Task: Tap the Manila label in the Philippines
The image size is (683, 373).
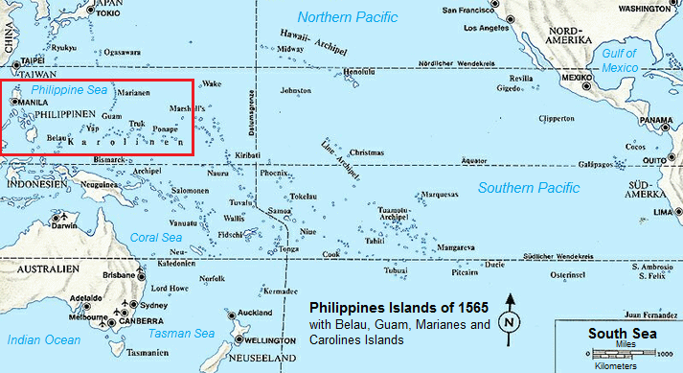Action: point(34,102)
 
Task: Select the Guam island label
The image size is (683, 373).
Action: point(112,116)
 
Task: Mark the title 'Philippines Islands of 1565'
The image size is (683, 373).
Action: point(398,308)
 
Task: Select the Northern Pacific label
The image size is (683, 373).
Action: point(347,16)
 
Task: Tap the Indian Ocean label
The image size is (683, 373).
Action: point(43,339)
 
